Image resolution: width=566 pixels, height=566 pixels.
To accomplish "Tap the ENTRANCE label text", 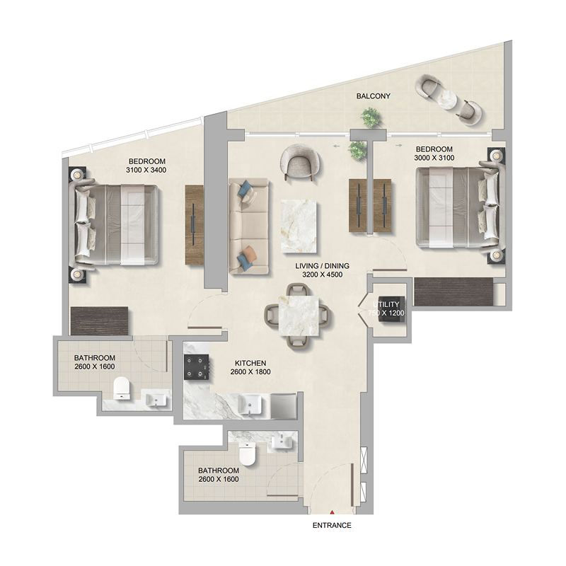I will pyautogui.click(x=332, y=526).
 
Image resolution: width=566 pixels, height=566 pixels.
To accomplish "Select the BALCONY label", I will pyautogui.click(x=374, y=96).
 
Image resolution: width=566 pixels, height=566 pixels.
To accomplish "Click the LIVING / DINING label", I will pyautogui.click(x=322, y=266).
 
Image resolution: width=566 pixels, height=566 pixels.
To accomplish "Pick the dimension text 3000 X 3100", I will pyautogui.click(x=434, y=158).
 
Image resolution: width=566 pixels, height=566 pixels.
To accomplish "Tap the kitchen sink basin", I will pyautogui.click(x=250, y=403).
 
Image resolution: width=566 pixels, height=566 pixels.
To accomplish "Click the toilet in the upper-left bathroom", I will pyautogui.click(x=122, y=387).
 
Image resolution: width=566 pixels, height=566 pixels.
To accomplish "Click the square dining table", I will pyautogui.click(x=298, y=316).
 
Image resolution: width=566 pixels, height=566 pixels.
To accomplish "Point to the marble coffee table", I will pyautogui.click(x=300, y=225).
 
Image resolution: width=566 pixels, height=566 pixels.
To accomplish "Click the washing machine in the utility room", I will pyautogui.click(x=388, y=310).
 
